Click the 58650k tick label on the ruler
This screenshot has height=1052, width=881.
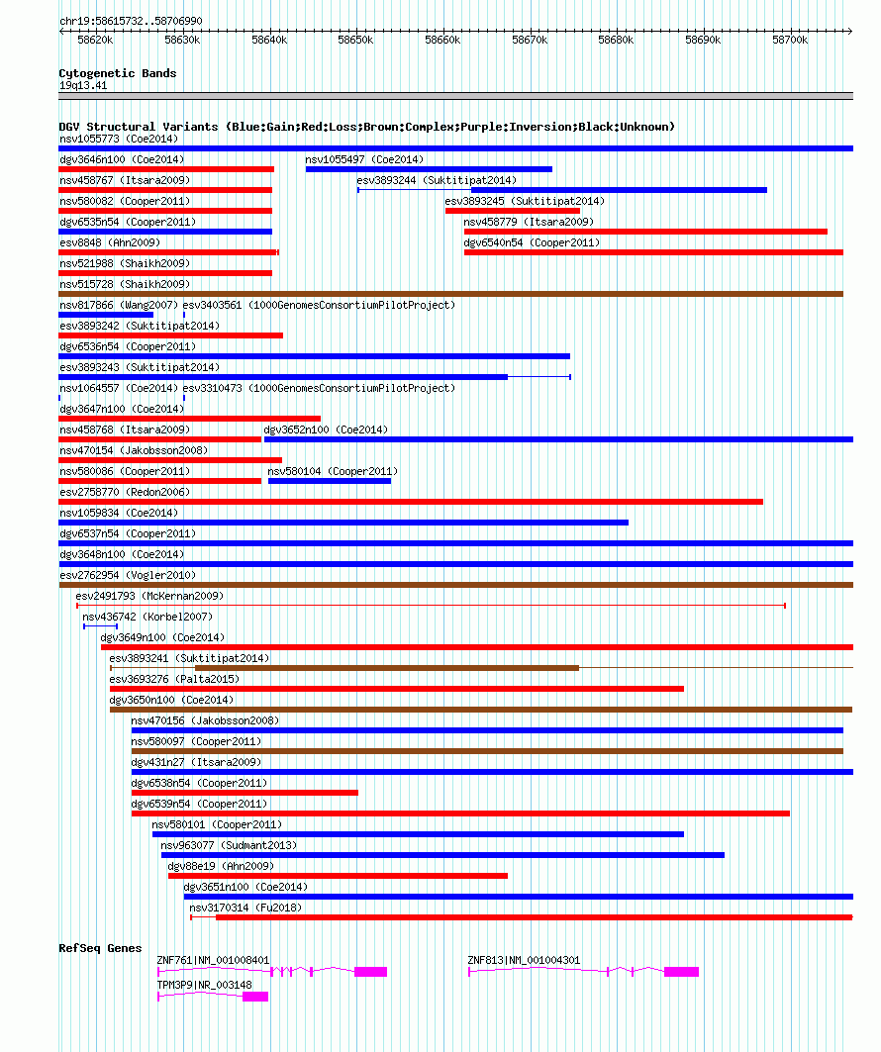(355, 41)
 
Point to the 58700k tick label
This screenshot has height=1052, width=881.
(790, 41)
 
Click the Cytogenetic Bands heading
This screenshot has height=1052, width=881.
(118, 73)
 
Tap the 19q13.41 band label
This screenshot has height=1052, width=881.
(83, 85)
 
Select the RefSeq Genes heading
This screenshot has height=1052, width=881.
(100, 948)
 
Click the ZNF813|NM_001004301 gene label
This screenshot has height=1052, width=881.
(524, 960)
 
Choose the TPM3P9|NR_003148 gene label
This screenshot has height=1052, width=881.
(205, 985)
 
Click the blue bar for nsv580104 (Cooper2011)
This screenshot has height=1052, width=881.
(330, 481)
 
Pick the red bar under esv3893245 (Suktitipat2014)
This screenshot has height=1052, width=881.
(513, 211)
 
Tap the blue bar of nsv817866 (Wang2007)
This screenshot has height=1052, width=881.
(106, 315)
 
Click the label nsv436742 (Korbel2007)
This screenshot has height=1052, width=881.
(147, 617)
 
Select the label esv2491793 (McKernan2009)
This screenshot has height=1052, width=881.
(149, 596)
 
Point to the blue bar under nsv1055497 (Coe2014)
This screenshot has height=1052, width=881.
(429, 169)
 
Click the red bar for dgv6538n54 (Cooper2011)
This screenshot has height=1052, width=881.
(245, 793)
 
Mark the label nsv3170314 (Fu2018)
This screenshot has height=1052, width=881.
(245, 908)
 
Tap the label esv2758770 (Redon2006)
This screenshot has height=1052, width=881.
(125, 492)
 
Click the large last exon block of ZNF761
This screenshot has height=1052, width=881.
(371, 972)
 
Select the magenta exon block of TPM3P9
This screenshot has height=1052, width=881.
(255, 997)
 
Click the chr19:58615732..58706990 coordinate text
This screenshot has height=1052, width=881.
(131, 21)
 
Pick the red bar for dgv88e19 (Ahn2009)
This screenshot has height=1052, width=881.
(339, 876)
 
